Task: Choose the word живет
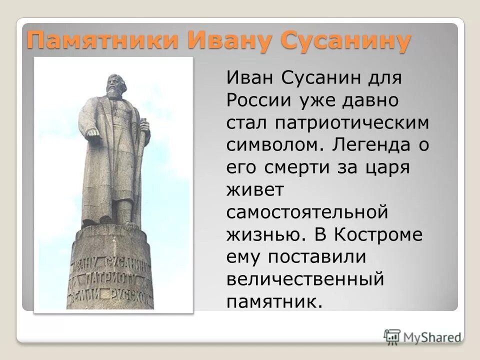256,190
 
